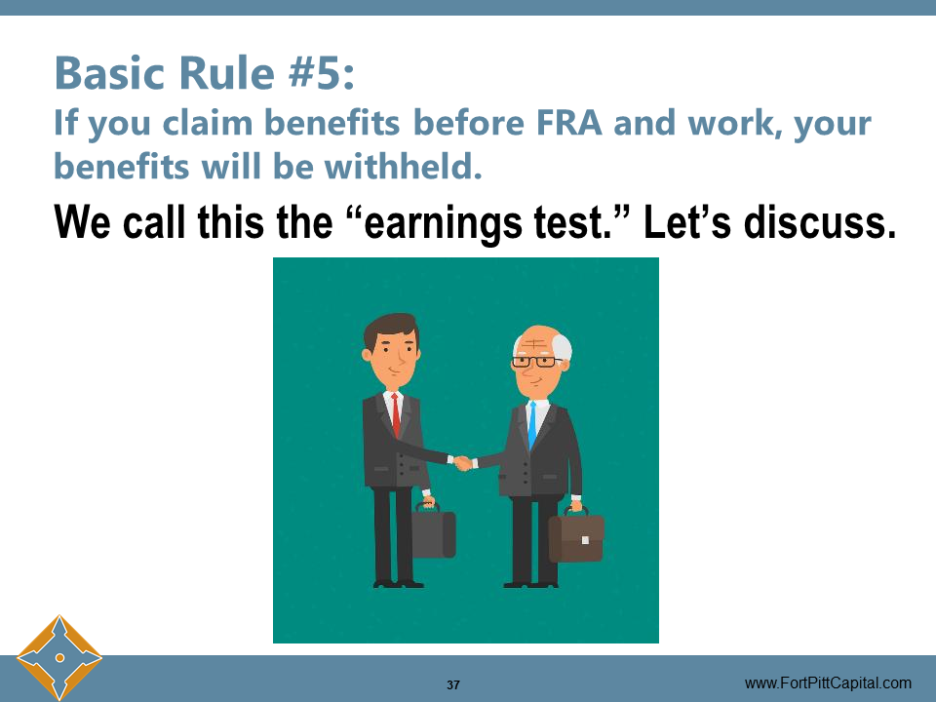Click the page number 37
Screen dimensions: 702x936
453,684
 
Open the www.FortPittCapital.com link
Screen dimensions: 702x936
828,682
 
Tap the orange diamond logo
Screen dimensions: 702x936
58,657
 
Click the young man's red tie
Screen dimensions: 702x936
397,413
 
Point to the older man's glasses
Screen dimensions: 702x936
533,362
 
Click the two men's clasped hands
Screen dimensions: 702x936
462,461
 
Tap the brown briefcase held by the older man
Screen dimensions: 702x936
576,537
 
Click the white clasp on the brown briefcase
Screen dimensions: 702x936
585,539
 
